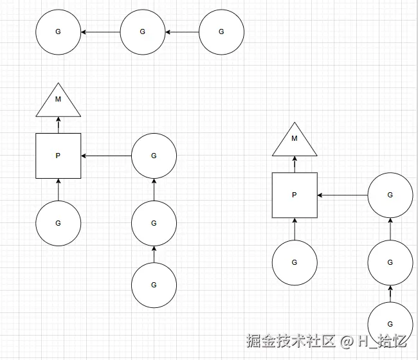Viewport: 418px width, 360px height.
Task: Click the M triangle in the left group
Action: (58, 103)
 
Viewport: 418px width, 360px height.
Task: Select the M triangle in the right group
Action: (295, 142)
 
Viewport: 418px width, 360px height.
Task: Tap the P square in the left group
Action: (58, 156)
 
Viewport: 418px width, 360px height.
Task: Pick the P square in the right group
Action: (295, 195)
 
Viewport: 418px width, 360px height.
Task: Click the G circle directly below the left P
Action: (58, 223)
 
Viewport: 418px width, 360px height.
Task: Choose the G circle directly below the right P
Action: (295, 262)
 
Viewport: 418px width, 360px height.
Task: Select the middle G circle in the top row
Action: (143, 32)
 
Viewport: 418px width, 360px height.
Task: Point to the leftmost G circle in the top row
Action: (58, 32)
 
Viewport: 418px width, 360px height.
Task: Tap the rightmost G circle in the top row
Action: (221, 32)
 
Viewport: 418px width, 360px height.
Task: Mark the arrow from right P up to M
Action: (295, 165)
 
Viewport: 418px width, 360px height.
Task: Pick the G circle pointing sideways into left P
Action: (154, 156)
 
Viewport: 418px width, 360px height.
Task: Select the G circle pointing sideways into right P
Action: (390, 195)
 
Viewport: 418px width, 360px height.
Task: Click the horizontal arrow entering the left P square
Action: (106, 156)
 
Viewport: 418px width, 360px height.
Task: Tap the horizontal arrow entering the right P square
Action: (342, 195)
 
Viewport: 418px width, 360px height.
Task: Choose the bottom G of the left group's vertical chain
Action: (154, 285)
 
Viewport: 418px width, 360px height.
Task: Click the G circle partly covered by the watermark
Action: (390, 324)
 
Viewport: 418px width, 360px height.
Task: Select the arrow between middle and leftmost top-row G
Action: (100, 32)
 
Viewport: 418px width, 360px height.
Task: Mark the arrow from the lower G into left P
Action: (58, 190)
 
